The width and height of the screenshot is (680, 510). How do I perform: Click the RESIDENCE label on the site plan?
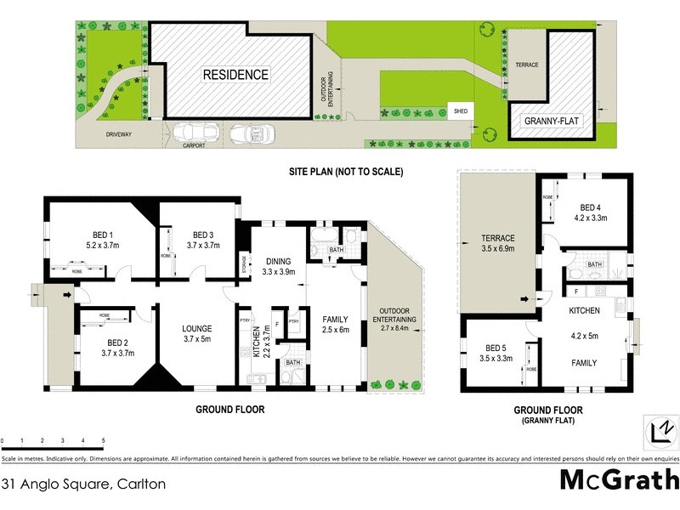tap(235, 75)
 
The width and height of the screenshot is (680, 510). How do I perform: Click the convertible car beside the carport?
tap(250, 134)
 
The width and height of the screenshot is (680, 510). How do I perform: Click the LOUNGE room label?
tap(196, 328)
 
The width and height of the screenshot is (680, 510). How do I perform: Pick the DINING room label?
tap(277, 261)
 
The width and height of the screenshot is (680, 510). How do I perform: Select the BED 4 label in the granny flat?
tap(592, 207)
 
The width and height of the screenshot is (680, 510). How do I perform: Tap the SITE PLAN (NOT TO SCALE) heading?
tap(345, 172)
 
